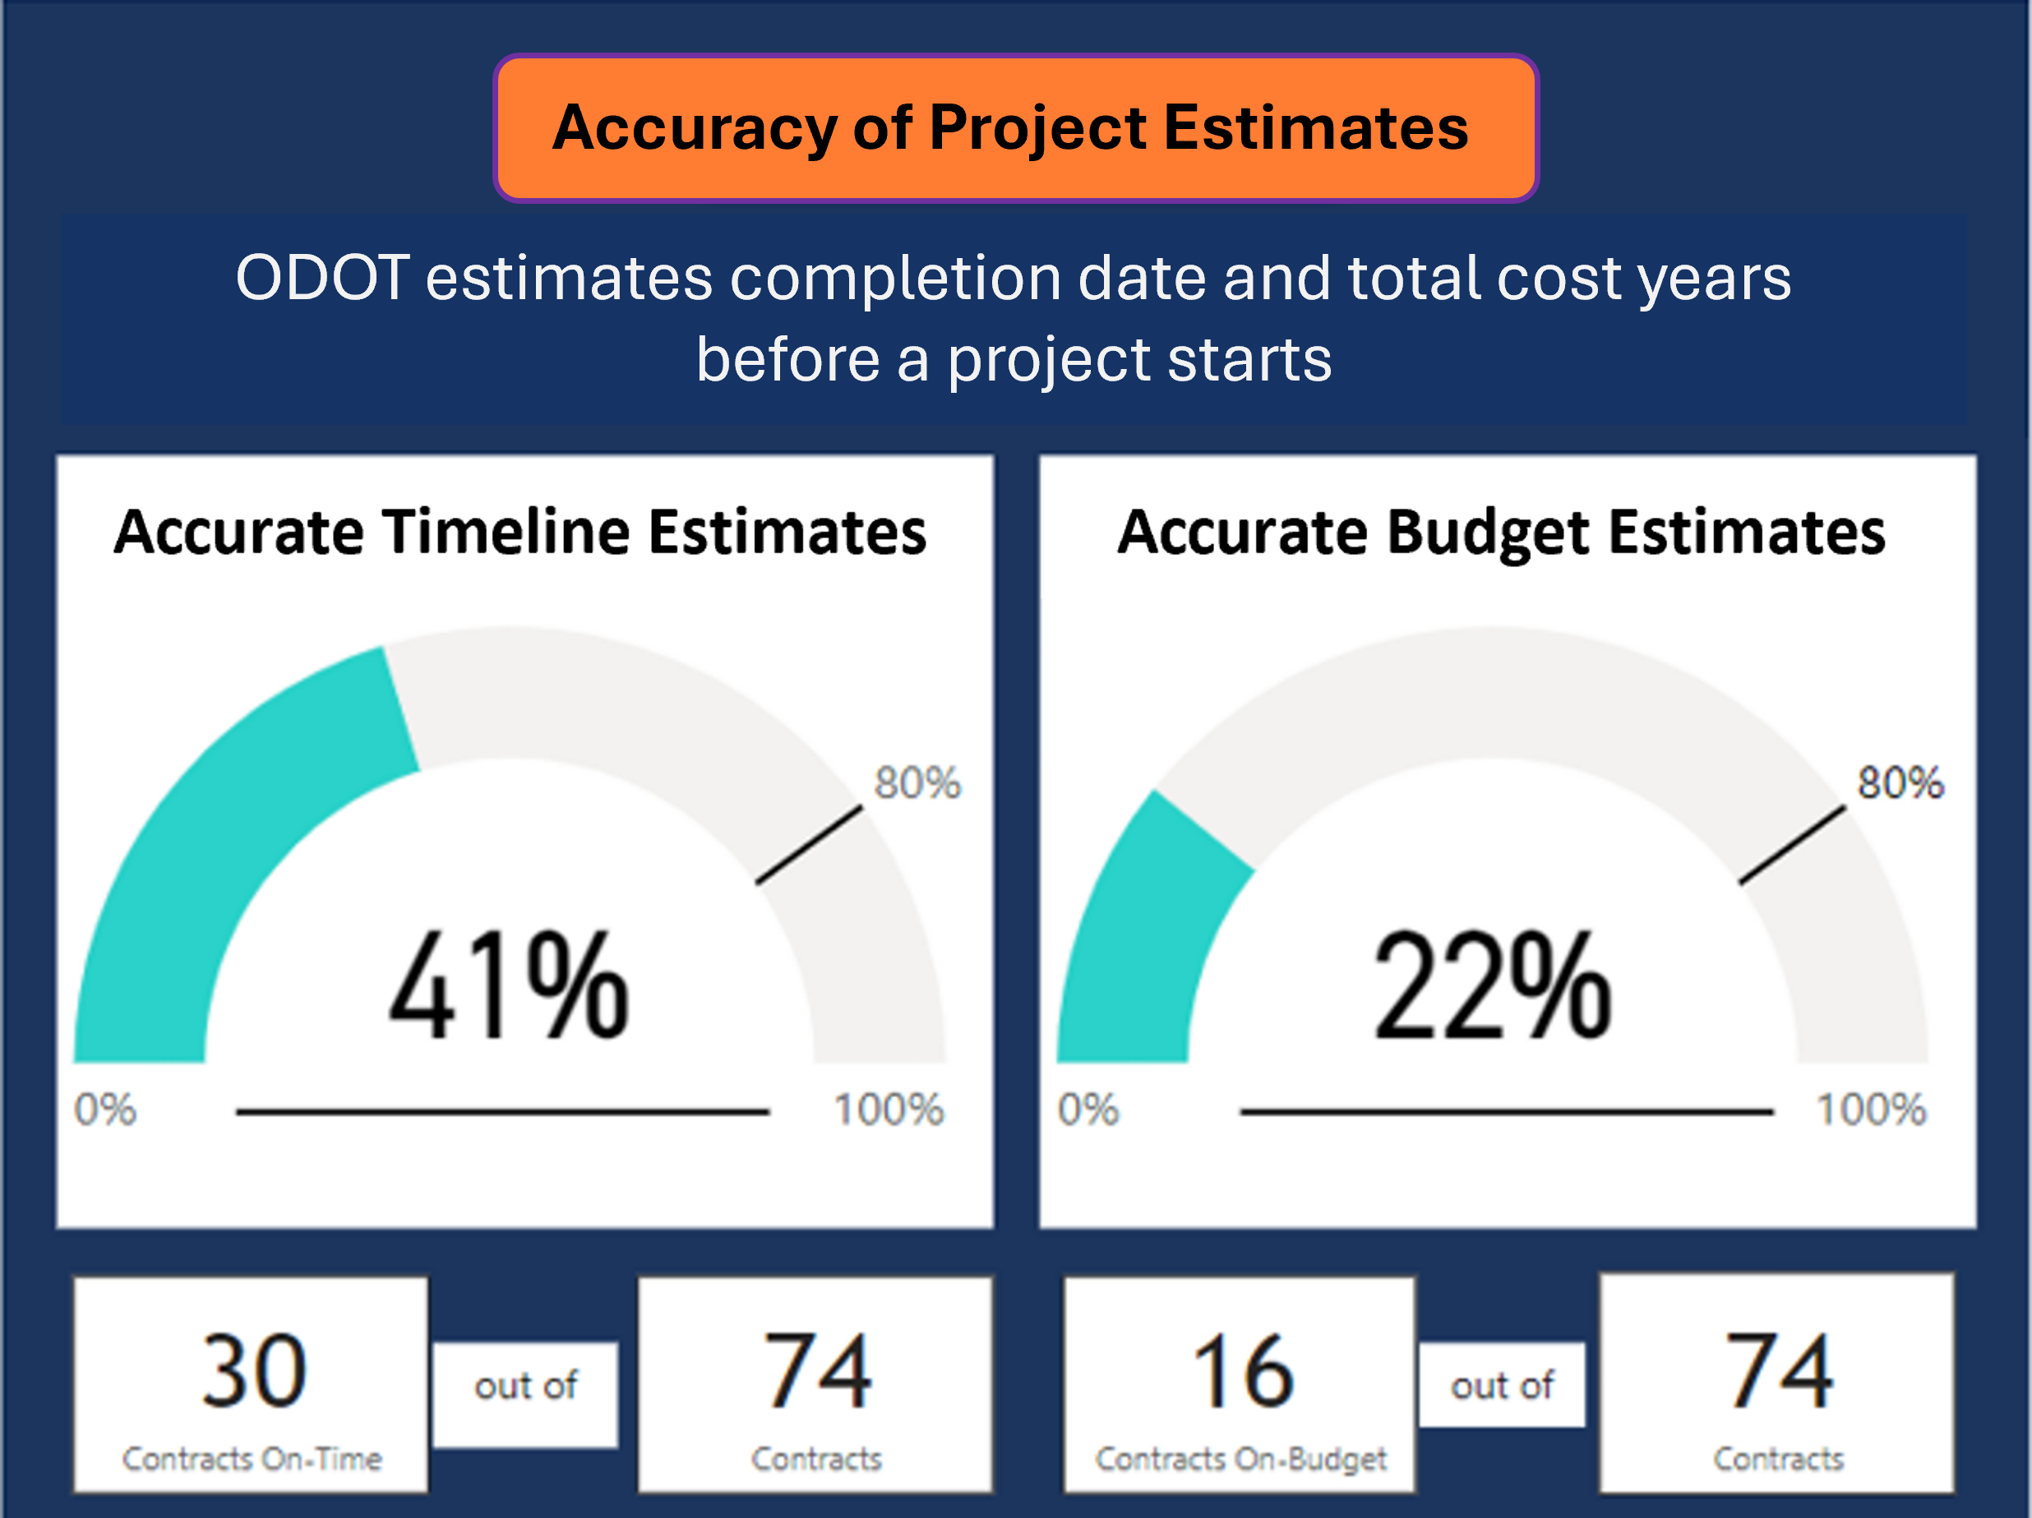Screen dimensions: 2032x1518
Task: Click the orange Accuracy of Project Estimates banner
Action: (x=1015, y=127)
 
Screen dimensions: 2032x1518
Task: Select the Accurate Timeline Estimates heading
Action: (x=520, y=532)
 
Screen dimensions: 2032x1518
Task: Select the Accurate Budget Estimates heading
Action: (x=1501, y=533)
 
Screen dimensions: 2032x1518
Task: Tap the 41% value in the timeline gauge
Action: (x=508, y=985)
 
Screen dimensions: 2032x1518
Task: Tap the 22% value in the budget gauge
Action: (x=1492, y=985)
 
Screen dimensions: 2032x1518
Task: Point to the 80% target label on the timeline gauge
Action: (x=917, y=783)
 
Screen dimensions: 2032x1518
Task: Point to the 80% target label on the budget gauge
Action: (x=1900, y=783)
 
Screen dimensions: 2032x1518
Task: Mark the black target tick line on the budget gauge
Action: (x=1793, y=845)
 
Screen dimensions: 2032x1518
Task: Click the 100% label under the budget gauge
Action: (x=1871, y=1110)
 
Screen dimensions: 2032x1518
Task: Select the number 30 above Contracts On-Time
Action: (x=252, y=1370)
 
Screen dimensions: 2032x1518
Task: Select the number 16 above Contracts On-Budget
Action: (x=1243, y=1370)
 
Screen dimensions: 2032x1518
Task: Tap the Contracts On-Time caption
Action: (x=252, y=1458)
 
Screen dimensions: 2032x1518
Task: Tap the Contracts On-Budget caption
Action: (x=1241, y=1459)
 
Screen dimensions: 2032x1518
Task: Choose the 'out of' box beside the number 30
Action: (x=525, y=1394)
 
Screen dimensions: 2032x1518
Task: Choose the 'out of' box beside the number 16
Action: (x=1502, y=1385)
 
